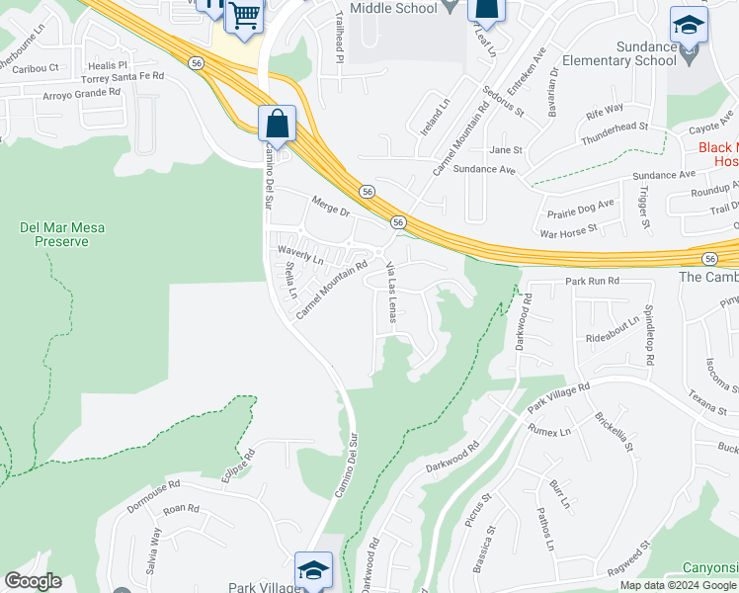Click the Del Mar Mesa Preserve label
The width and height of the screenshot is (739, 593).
(62, 234)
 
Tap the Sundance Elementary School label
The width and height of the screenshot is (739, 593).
(617, 53)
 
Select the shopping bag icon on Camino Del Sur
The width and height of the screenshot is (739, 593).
(278, 125)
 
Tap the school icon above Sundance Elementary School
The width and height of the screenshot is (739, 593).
(688, 25)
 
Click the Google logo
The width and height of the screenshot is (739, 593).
(33, 581)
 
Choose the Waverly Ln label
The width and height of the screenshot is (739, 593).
(300, 254)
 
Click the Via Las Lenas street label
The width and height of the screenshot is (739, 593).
(392, 293)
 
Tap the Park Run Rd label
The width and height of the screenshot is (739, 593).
(592, 282)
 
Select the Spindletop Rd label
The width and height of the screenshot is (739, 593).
(649, 335)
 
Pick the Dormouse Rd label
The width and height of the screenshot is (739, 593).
(153, 491)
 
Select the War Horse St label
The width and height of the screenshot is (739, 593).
(568, 229)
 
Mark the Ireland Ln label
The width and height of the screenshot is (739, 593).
(435, 117)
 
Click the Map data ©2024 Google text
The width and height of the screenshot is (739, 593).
(678, 585)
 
